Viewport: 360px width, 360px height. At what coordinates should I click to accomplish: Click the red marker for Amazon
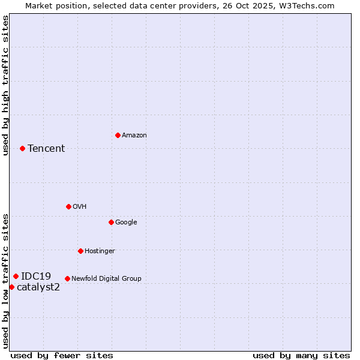coord(118,135)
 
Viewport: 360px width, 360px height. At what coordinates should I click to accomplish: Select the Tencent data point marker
coord(22,148)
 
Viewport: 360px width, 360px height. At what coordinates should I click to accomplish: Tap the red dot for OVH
coord(68,206)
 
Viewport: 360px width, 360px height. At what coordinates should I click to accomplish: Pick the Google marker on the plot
coord(111,222)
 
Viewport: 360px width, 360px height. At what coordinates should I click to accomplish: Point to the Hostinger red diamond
coord(80,251)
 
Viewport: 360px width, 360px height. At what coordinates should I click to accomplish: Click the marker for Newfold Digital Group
coord(67,278)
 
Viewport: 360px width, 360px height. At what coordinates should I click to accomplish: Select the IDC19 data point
coord(16,276)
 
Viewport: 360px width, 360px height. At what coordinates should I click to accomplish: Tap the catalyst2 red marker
coord(11,287)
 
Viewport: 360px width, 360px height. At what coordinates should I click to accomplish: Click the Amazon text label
coord(134,136)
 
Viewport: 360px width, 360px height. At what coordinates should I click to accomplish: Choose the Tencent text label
coord(46,149)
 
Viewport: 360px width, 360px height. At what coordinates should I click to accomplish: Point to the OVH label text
coord(80,207)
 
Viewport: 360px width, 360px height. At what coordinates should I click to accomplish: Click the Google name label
coord(126,223)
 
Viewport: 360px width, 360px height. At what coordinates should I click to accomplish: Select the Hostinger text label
coord(100,251)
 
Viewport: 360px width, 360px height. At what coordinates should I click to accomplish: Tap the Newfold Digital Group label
coord(106,279)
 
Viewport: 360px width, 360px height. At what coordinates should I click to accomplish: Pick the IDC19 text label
coord(36,277)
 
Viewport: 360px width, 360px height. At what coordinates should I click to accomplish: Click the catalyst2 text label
coord(38,287)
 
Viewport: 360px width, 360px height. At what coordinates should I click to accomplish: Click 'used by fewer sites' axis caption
coord(62,355)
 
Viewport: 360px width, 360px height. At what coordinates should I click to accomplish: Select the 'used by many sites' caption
coord(301,355)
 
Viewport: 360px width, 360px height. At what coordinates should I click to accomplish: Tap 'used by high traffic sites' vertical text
coord(5,85)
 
